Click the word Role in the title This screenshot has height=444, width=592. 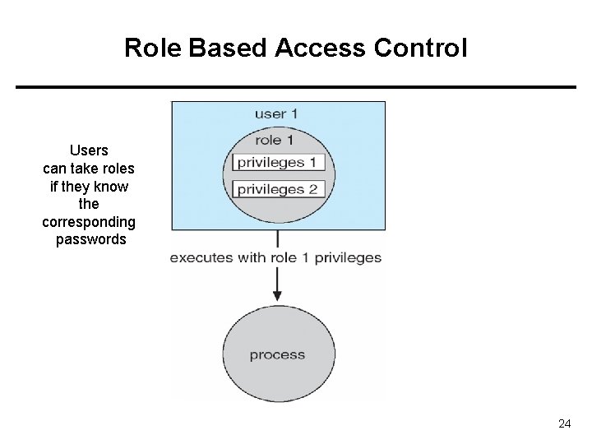(x=153, y=48)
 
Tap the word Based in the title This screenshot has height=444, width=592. (x=227, y=48)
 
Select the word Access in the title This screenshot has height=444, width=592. (x=320, y=48)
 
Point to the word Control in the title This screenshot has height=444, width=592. (x=421, y=48)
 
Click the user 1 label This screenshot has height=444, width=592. (x=276, y=114)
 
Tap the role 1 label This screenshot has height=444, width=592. (x=275, y=141)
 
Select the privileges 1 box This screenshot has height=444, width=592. (x=279, y=162)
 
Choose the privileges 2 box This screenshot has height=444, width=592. (x=279, y=189)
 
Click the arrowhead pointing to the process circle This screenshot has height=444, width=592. (x=277, y=296)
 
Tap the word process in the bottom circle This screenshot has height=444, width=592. (x=278, y=355)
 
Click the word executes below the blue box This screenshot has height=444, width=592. (x=201, y=258)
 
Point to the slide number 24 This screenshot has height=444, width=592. (x=564, y=423)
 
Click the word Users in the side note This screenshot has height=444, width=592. (x=89, y=150)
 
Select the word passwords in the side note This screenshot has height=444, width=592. (x=91, y=239)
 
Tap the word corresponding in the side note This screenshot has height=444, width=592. (x=89, y=222)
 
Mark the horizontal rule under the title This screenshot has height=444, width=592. (x=296, y=87)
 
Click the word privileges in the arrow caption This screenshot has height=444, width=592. (x=348, y=258)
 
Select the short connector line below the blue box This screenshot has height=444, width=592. (x=278, y=238)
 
